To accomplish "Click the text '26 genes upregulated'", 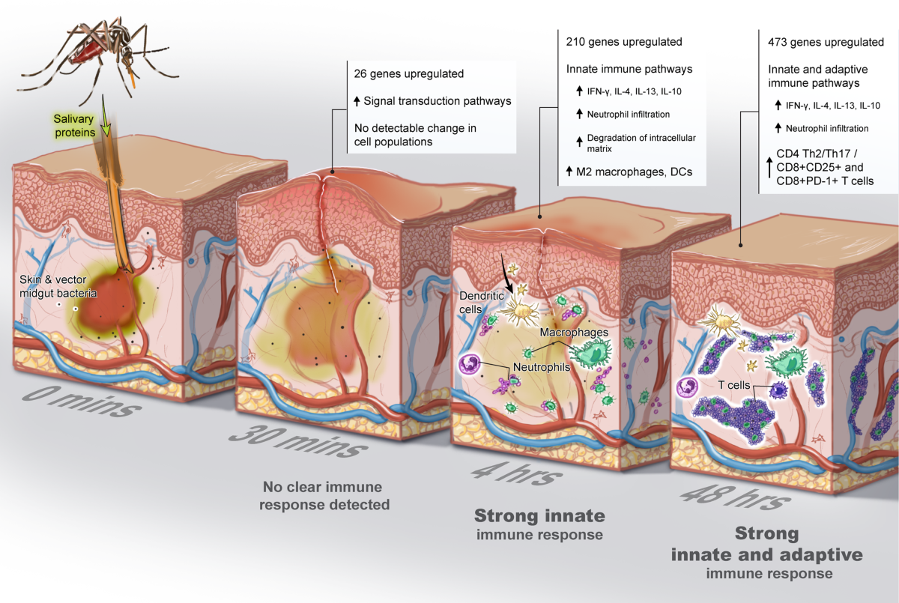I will point(409,74).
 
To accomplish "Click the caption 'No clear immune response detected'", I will point(324,494).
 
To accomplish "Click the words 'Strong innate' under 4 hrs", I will point(539,516).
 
